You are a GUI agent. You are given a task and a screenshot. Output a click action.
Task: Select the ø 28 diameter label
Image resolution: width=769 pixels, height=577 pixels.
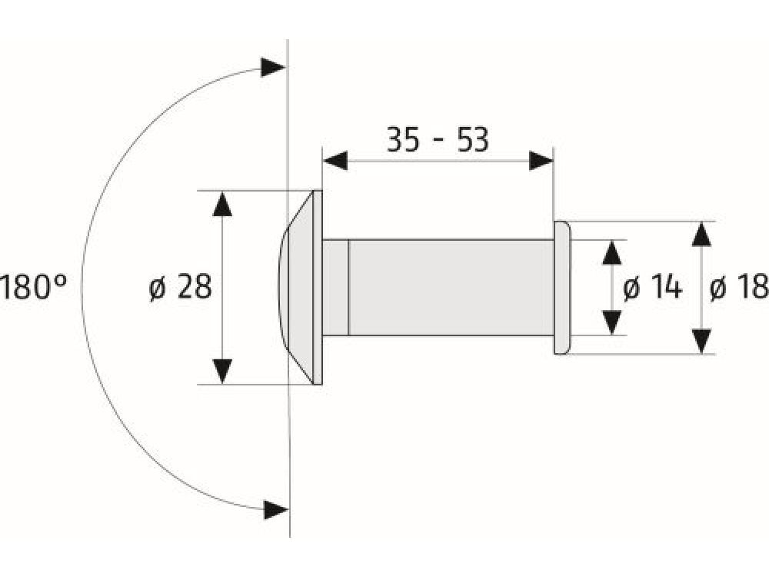pos(180,288)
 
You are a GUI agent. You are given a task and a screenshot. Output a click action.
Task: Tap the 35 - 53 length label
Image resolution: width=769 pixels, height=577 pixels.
pos(437,141)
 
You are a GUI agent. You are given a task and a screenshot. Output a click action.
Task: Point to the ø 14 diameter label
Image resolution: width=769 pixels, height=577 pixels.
pos(652,288)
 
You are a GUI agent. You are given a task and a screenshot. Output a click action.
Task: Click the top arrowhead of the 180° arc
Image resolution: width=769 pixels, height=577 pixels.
pos(273,67)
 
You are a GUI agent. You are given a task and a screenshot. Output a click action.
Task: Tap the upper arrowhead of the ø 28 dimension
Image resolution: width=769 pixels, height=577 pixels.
pos(222,204)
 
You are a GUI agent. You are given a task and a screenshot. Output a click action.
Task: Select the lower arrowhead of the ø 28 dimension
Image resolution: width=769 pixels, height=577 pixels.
pos(222,371)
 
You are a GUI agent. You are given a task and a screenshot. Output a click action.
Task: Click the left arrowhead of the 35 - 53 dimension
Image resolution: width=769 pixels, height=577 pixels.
pos(336,160)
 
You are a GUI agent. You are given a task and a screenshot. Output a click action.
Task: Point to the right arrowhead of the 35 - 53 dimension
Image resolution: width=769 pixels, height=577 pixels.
pos(541,160)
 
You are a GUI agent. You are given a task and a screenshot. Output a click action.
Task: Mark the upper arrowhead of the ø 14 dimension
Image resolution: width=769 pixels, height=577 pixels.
pos(611,252)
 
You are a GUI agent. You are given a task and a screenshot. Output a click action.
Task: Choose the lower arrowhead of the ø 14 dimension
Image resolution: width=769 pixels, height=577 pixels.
pos(611,322)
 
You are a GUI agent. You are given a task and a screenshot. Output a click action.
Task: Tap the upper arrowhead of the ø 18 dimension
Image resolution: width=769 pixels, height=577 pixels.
pos(701,234)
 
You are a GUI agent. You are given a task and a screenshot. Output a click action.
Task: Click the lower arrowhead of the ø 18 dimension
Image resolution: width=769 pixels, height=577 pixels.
pos(701,341)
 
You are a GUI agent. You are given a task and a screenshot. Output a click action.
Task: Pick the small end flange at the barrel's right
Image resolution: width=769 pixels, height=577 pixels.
pos(562,288)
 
